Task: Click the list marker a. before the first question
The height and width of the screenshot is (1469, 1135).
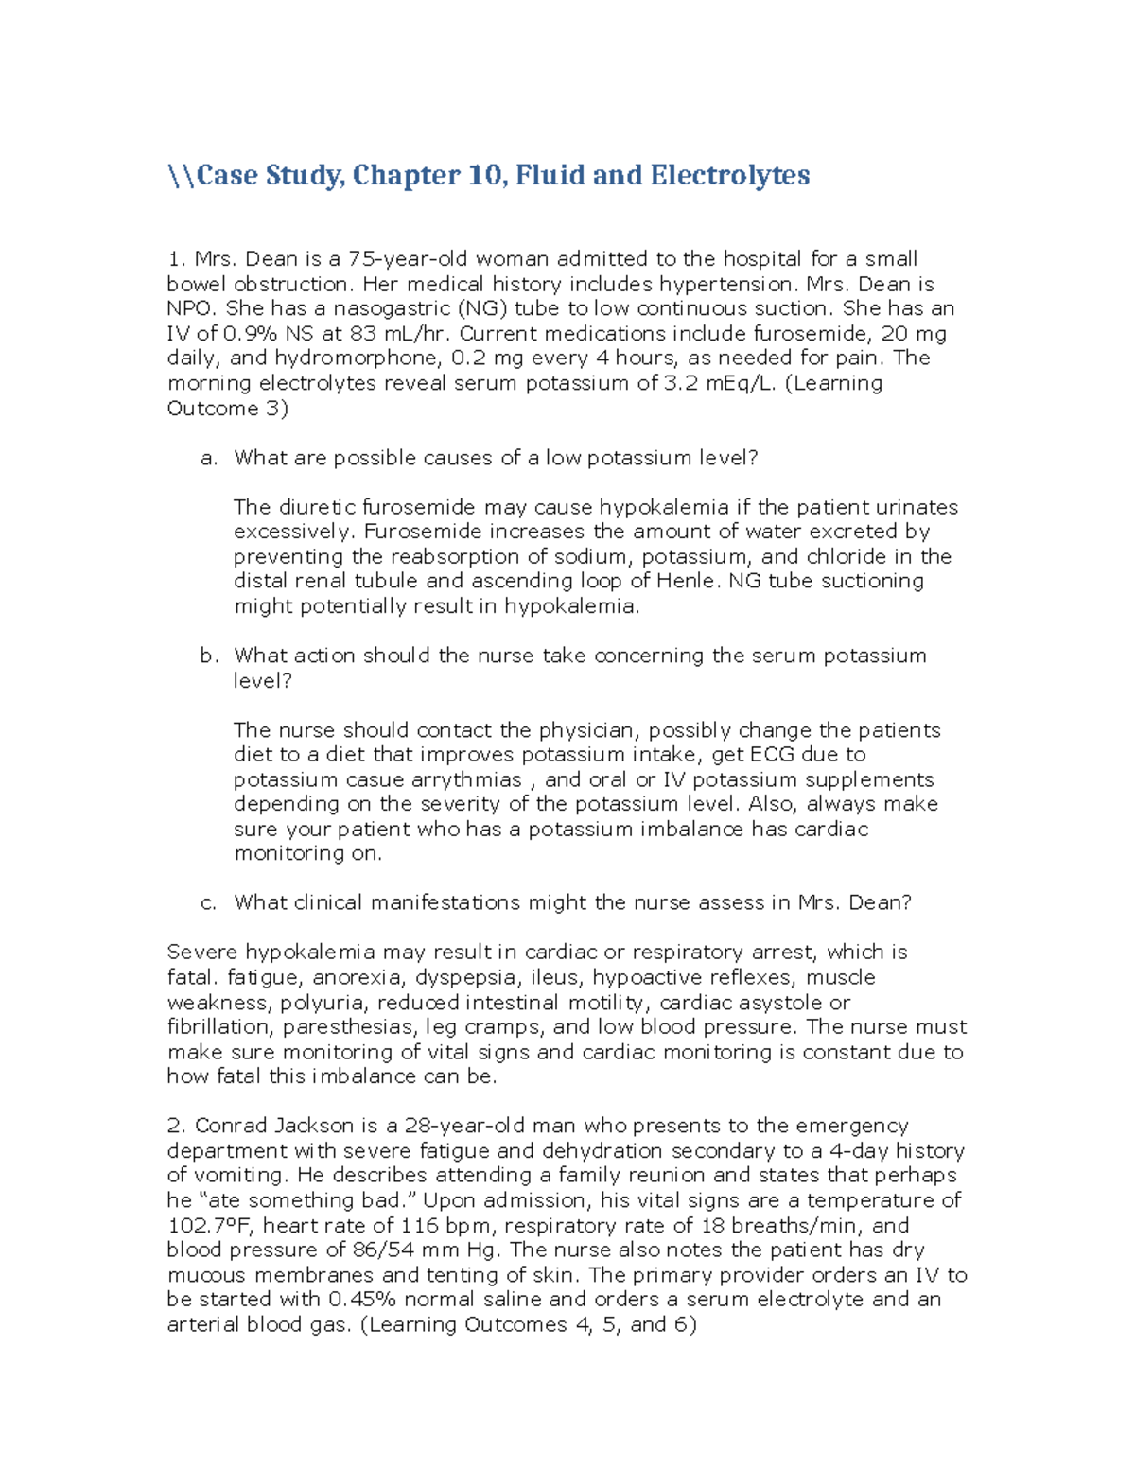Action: tap(209, 458)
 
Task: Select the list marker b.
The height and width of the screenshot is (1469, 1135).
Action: tap(209, 656)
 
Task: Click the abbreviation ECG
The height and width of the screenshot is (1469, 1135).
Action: tap(772, 755)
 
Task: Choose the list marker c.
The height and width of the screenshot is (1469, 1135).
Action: tap(209, 902)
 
